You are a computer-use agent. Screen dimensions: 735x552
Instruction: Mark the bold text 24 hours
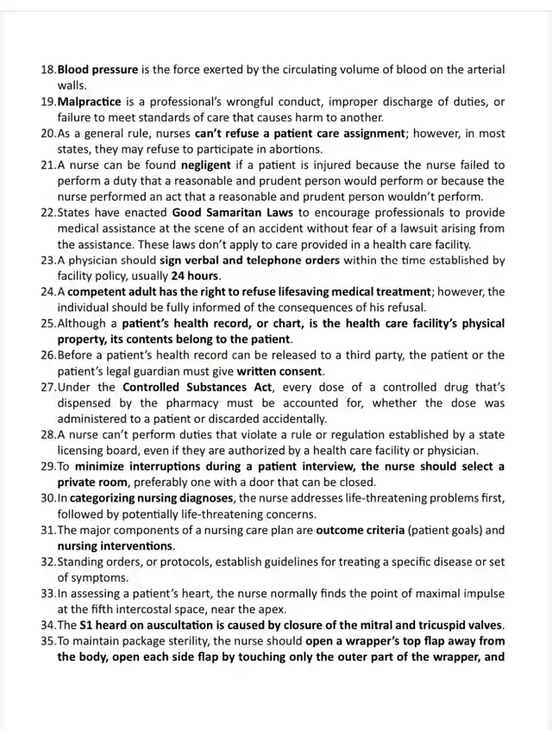pos(196,276)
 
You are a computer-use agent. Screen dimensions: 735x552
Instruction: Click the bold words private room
pos(93,482)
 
